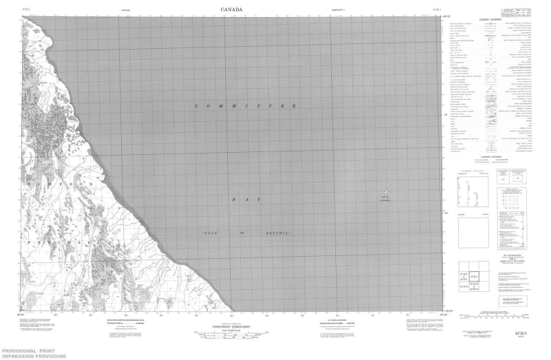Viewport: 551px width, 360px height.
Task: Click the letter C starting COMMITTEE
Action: pyautogui.click(x=198, y=106)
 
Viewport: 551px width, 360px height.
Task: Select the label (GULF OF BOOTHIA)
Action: pyautogui.click(x=246, y=235)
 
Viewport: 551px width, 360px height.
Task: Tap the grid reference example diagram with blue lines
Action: pyautogui.click(x=516, y=200)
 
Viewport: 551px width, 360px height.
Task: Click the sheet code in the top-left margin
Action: pyautogui.click(x=26, y=10)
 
